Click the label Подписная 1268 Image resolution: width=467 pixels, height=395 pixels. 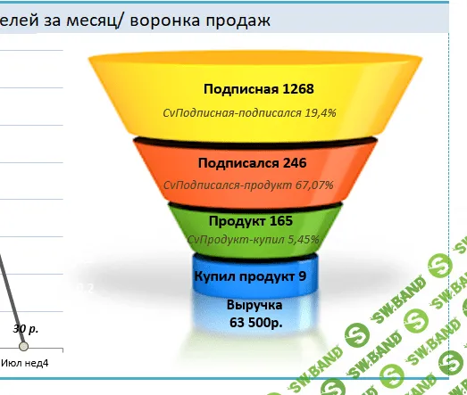coord(258,89)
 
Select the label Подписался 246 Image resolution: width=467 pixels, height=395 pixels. coord(253,163)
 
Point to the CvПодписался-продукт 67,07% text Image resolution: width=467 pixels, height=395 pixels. coord(249,185)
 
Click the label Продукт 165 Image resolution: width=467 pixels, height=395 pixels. coord(251,220)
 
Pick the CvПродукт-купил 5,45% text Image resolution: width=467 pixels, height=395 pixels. coord(253,239)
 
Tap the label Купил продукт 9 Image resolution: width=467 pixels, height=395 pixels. coord(250,276)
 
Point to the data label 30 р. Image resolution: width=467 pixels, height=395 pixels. coord(26,328)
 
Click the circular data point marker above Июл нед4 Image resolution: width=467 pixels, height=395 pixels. coord(24,345)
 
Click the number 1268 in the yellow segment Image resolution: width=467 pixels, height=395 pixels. coord(297,89)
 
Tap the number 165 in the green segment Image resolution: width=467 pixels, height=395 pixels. coord(279,220)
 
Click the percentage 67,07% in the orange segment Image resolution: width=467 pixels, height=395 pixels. coord(313,185)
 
